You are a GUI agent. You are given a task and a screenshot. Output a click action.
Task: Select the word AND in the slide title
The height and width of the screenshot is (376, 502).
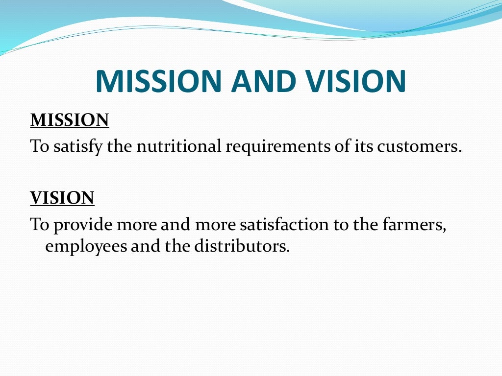tap(260, 81)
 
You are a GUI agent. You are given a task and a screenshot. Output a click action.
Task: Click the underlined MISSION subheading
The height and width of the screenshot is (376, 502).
tap(70, 120)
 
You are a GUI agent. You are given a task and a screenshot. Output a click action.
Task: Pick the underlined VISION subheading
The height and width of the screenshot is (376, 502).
tap(62, 198)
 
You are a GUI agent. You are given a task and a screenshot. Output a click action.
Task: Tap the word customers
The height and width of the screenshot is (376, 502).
tap(420, 146)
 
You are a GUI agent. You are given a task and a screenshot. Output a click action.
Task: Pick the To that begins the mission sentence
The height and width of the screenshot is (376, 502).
tap(39, 146)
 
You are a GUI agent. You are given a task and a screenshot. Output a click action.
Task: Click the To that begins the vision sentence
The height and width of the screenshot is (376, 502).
tap(39, 225)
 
